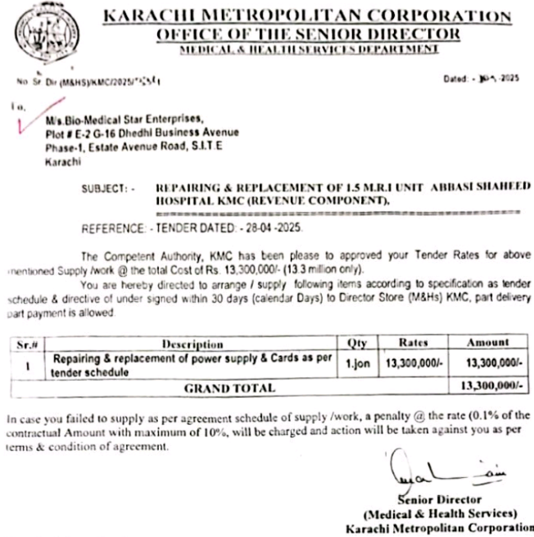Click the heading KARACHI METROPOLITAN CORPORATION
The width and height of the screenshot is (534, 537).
pos(307,16)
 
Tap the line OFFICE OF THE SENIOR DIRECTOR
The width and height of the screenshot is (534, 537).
pos(307,34)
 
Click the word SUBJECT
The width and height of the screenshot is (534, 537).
pos(104,188)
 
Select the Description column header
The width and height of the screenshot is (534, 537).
pos(192,345)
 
